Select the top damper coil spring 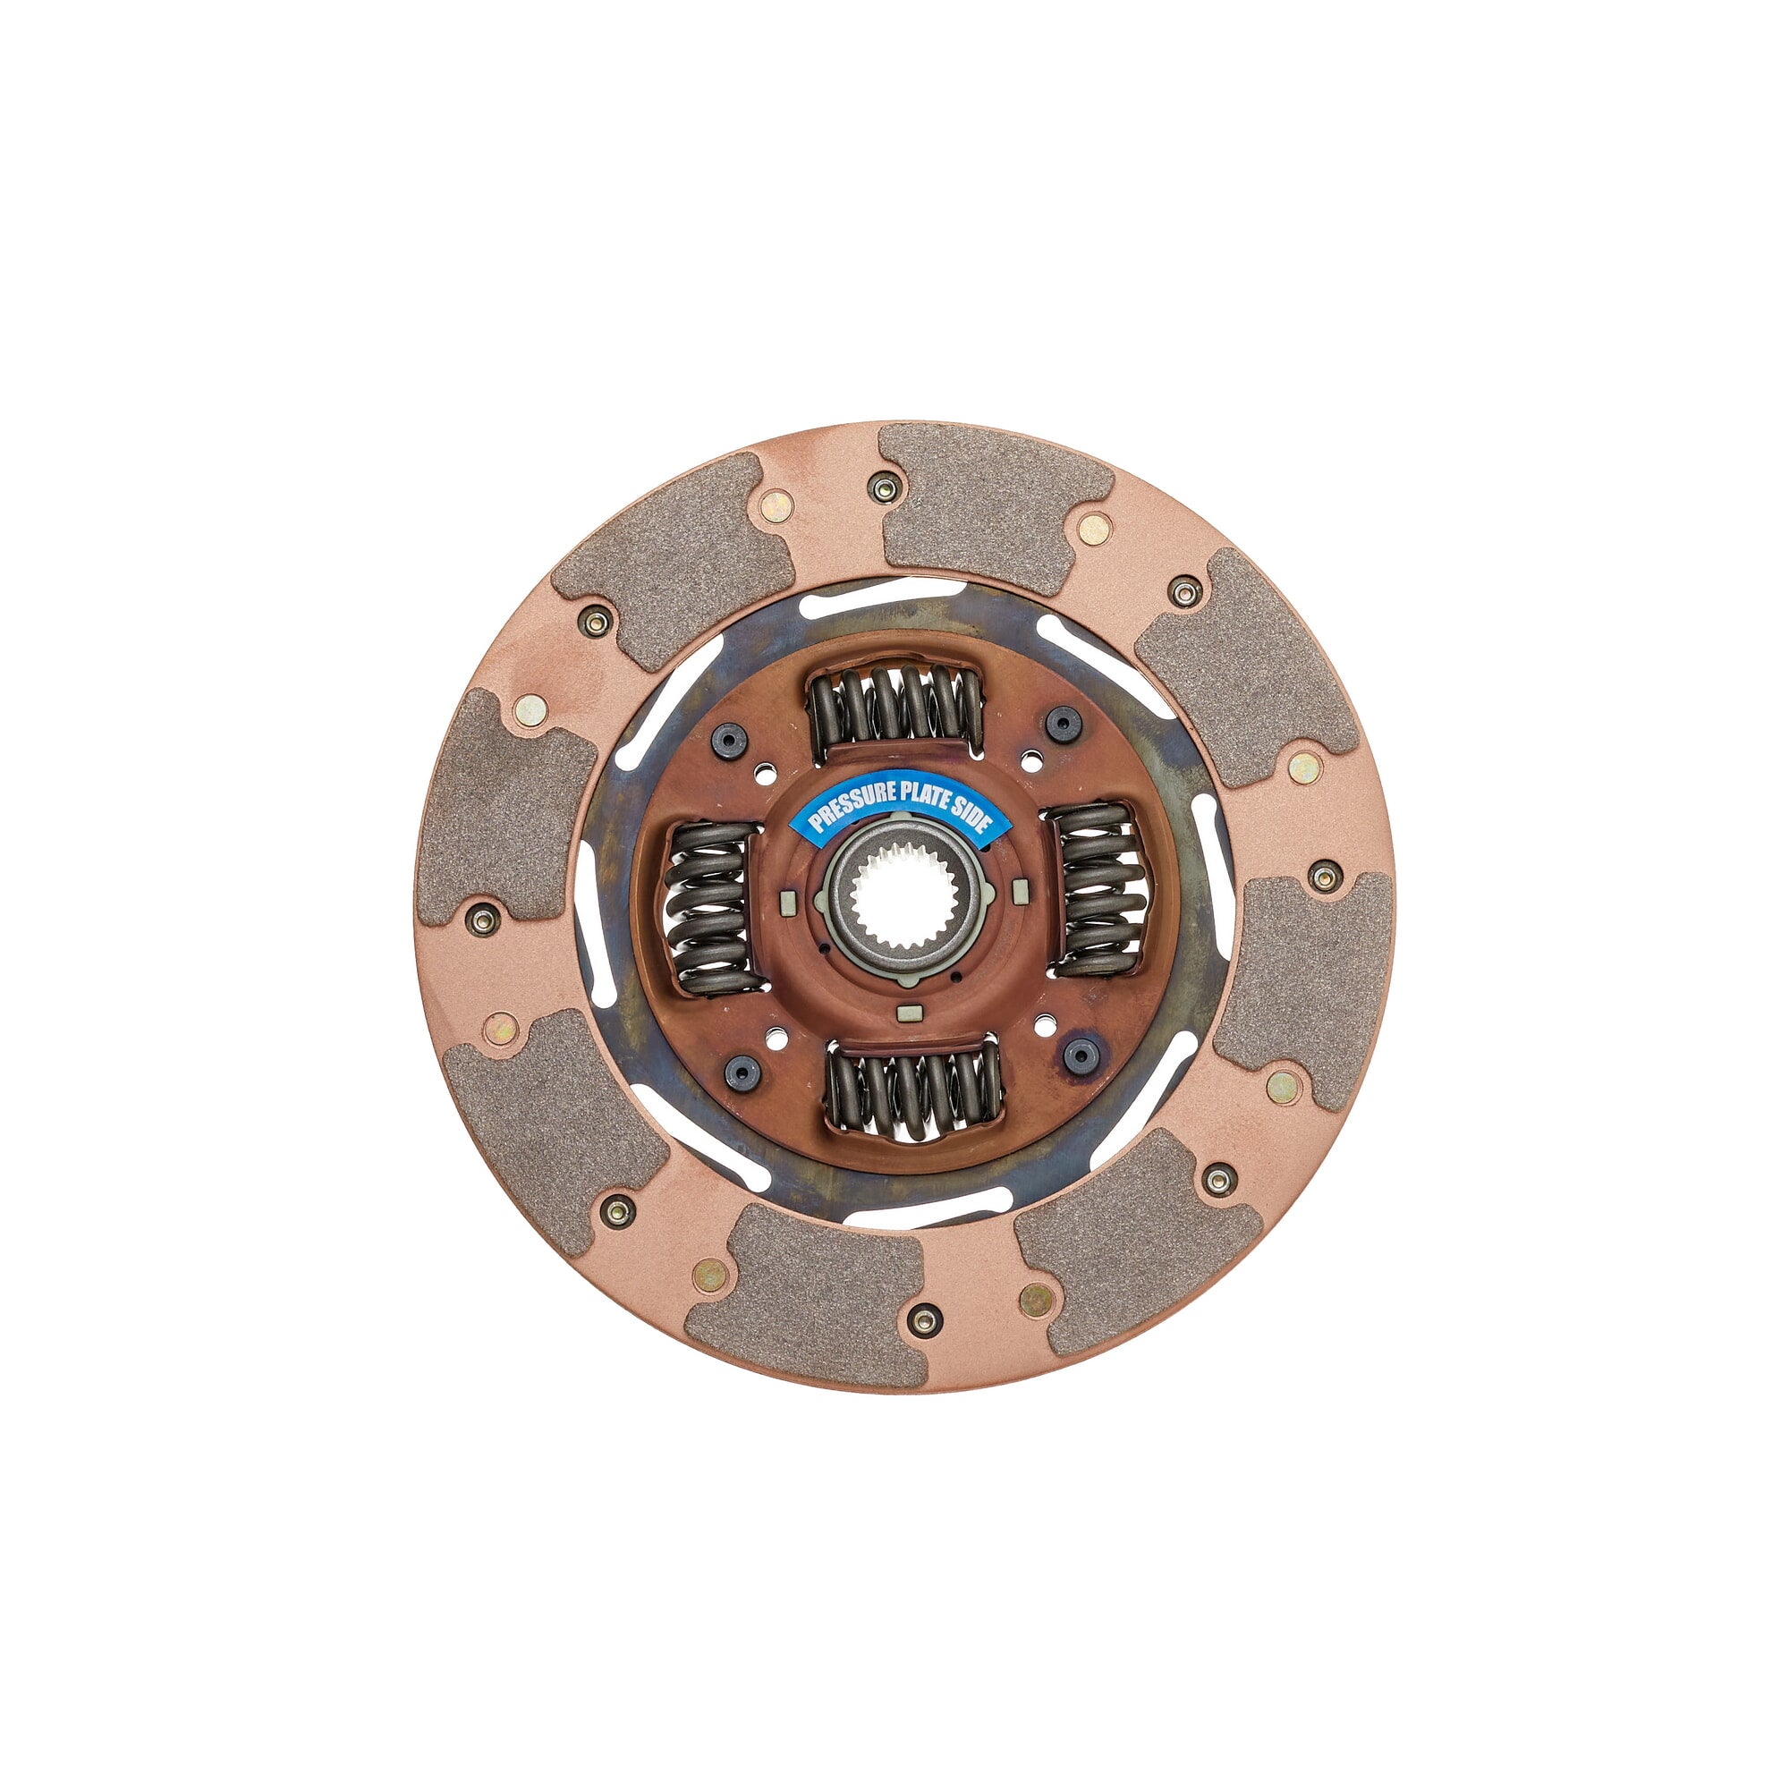(x=895, y=708)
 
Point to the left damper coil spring (x=709, y=906)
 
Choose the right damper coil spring (x=1099, y=888)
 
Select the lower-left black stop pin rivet (x=742, y=1072)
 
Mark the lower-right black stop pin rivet (x=1080, y=1054)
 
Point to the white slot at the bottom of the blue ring (x=926, y=1205)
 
